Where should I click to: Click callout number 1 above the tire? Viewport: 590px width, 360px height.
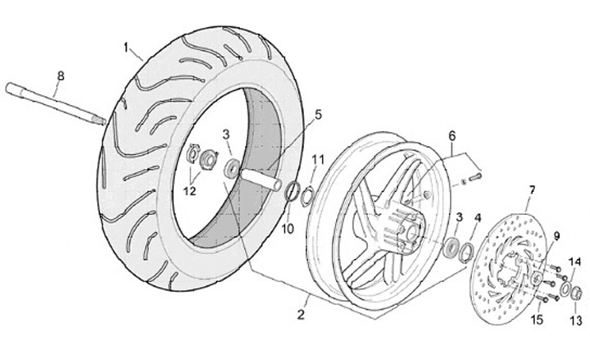point(127,48)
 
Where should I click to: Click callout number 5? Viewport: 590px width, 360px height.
point(319,115)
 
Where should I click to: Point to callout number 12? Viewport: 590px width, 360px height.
point(190,191)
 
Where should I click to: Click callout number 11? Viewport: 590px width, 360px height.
point(319,157)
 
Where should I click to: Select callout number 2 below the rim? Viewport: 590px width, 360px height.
point(302,312)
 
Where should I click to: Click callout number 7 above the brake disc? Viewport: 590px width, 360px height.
point(531,190)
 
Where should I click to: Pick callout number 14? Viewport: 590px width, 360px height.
point(574,262)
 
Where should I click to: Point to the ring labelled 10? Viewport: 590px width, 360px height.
point(291,194)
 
